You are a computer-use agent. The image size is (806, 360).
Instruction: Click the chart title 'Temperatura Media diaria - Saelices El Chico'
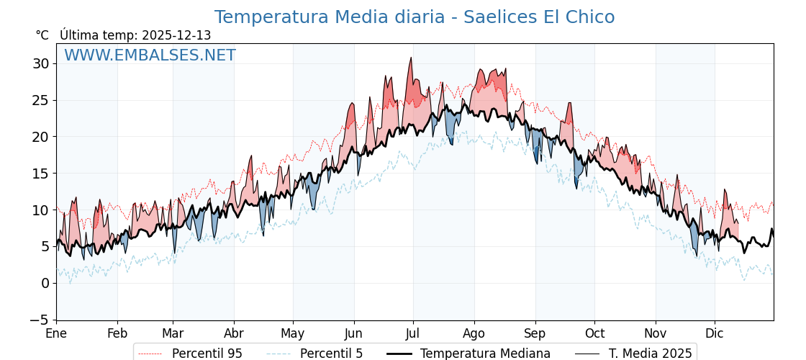(x=415, y=17)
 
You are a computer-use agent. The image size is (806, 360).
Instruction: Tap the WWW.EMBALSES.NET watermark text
(x=150, y=55)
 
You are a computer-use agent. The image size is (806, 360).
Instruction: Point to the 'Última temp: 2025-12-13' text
(x=135, y=35)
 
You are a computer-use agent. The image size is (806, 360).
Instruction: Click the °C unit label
(x=42, y=35)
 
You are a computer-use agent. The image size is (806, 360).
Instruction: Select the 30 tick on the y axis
(x=40, y=63)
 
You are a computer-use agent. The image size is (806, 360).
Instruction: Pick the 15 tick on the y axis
(x=40, y=174)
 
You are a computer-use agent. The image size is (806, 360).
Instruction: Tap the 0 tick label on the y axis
(x=45, y=283)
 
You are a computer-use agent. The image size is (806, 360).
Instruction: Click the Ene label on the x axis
(x=56, y=334)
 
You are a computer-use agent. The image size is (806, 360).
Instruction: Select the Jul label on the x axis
(x=413, y=334)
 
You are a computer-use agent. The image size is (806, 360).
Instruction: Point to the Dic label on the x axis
(x=715, y=334)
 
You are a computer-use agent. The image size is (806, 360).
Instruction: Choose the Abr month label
(x=234, y=334)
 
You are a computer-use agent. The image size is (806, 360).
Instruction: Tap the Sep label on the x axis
(x=535, y=334)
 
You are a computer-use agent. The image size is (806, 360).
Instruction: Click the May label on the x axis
(x=293, y=334)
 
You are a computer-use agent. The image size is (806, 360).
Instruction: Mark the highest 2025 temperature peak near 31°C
(x=411, y=58)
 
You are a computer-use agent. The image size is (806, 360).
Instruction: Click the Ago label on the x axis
(x=474, y=334)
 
